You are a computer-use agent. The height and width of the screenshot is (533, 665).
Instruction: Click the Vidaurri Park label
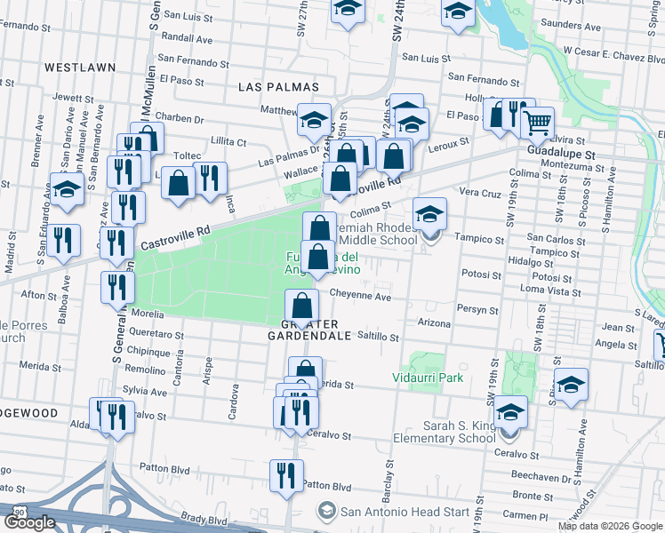(428, 378)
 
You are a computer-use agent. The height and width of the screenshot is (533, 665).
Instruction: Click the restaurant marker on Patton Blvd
(286, 476)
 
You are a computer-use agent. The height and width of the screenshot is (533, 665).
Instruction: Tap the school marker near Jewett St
(67, 190)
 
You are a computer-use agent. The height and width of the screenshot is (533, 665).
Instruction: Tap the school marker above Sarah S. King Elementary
(510, 412)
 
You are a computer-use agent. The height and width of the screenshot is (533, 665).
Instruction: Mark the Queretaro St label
(156, 336)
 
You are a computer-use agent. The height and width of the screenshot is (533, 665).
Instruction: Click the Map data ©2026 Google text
(609, 526)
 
